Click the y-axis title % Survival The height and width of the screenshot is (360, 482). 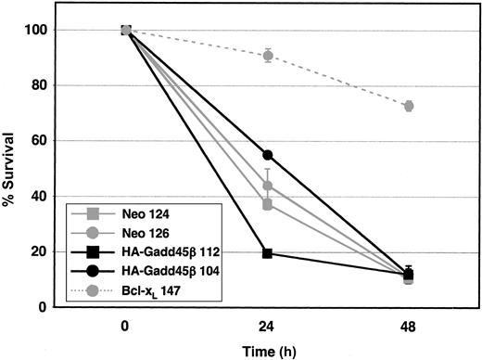click(x=11, y=167)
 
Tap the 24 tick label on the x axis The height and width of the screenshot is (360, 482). click(x=267, y=326)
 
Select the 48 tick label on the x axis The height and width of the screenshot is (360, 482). click(x=408, y=326)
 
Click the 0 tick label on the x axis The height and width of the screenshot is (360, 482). click(x=126, y=326)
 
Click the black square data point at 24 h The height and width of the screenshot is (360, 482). click(x=267, y=253)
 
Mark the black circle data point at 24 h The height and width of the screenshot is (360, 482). click(x=267, y=155)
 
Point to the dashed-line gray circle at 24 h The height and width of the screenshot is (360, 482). click(x=267, y=56)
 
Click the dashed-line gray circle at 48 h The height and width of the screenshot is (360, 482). click(x=408, y=106)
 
